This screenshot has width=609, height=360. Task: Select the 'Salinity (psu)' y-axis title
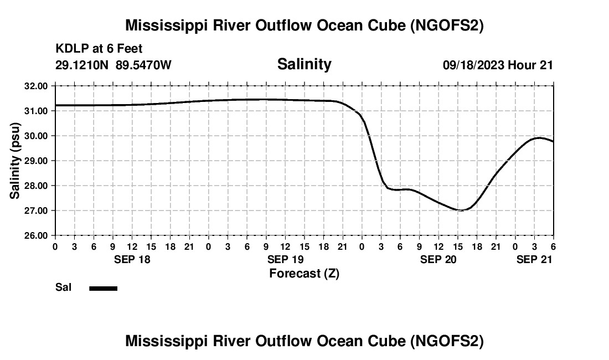16,161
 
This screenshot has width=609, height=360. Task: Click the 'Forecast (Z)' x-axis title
304,274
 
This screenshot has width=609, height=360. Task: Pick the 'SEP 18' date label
132,259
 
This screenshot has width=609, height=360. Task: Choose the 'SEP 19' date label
285,259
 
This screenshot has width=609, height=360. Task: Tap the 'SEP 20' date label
438,259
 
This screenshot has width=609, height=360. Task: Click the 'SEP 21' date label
534,259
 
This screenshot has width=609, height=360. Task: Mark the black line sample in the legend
104,288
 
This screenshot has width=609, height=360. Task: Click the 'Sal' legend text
63,287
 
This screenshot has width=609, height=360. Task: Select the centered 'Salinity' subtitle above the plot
304,64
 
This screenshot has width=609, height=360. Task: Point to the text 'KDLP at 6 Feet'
99,49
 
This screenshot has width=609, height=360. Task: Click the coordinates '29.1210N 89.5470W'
113,65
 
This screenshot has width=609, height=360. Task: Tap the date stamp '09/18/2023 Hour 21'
498,65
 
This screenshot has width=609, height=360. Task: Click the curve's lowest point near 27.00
459,210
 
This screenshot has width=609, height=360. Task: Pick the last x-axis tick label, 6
553,246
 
